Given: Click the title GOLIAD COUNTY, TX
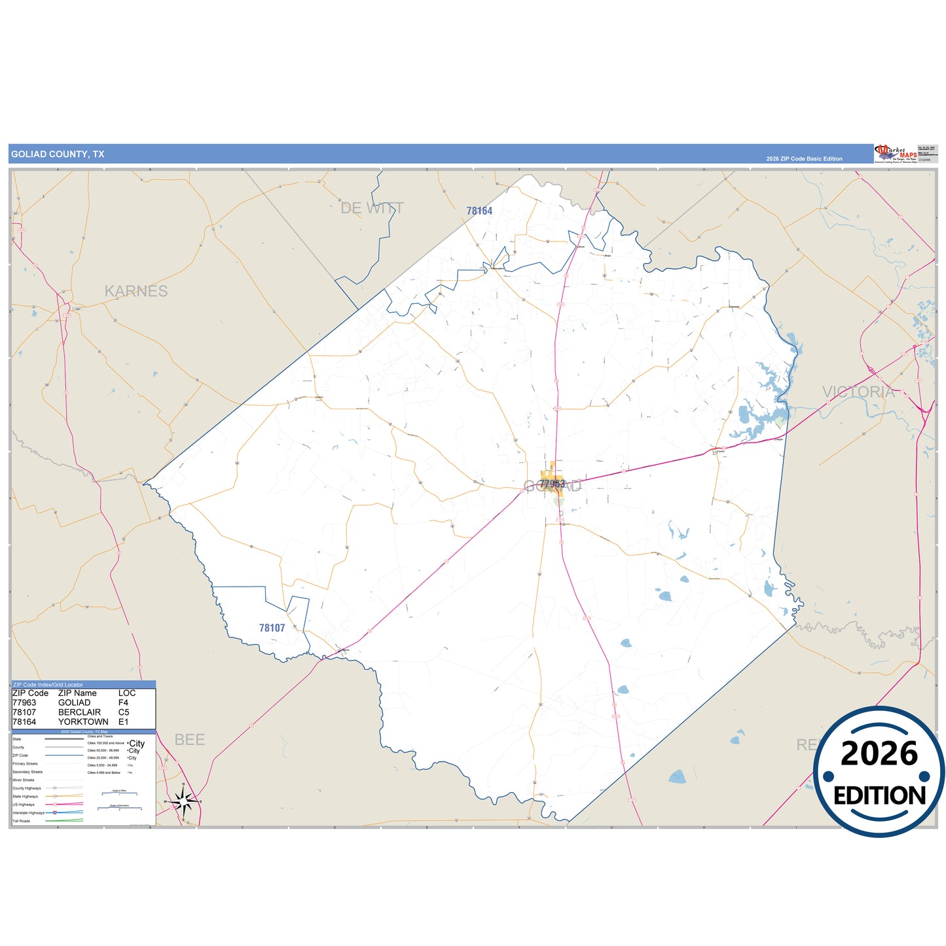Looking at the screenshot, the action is click(x=58, y=155).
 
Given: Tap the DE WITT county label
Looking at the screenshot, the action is click(x=372, y=208).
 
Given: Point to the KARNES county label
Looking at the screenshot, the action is click(x=136, y=291).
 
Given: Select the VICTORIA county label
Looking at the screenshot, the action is click(x=858, y=392).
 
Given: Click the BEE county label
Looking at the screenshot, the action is click(x=190, y=740).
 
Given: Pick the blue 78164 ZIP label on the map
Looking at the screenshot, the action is click(x=479, y=211).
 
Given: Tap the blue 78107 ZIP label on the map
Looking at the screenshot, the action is click(x=272, y=628).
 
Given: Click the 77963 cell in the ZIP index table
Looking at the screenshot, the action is click(x=24, y=702).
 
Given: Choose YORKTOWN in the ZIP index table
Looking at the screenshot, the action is click(x=83, y=722).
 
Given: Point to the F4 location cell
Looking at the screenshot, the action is click(x=123, y=702).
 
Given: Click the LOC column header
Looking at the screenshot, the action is click(x=127, y=693).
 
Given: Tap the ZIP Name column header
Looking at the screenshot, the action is click(x=77, y=693).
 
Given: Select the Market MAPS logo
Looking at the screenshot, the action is click(x=895, y=154).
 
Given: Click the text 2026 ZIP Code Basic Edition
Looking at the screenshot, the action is click(x=804, y=159).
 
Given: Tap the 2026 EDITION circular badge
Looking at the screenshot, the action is click(x=879, y=773).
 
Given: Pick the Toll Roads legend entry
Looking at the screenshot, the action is click(x=21, y=821).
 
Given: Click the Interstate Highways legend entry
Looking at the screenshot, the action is click(x=28, y=813).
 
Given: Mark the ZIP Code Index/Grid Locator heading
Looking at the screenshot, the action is click(x=48, y=685).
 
